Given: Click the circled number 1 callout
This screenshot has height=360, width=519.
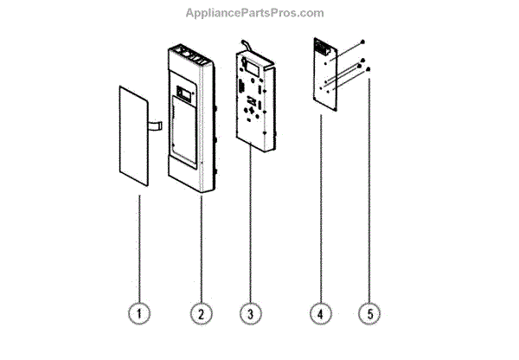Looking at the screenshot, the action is (x=138, y=312).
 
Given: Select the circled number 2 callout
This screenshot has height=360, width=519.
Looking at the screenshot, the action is (x=200, y=312).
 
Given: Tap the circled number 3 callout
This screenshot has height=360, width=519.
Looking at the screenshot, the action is (x=251, y=312).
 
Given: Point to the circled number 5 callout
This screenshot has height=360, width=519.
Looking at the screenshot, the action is (x=370, y=312).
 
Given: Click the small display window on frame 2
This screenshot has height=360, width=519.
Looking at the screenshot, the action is (x=184, y=91).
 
